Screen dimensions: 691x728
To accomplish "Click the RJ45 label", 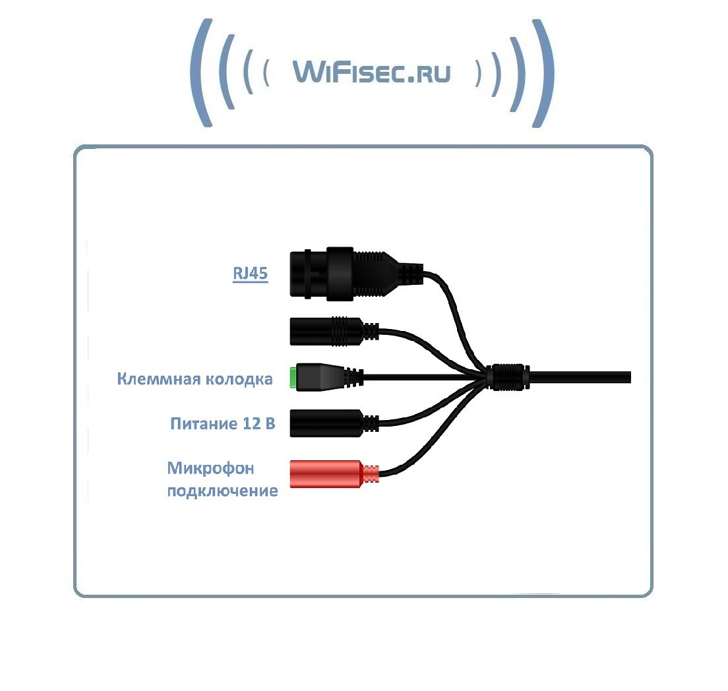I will coord(250,273).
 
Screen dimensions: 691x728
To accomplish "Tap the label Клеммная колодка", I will coord(195,379).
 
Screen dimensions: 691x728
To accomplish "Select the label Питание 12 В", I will coord(222,423).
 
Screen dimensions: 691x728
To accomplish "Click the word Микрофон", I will coord(210,468).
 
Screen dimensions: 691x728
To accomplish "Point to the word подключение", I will coord(222,491).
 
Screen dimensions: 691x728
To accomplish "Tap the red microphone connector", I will coord(326,473).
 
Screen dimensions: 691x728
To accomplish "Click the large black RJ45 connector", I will coord(330,272).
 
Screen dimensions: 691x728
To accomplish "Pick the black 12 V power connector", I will coord(326,423).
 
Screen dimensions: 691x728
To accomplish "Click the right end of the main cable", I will coord(626,377).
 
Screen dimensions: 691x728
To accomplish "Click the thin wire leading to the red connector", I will coord(429,442).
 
